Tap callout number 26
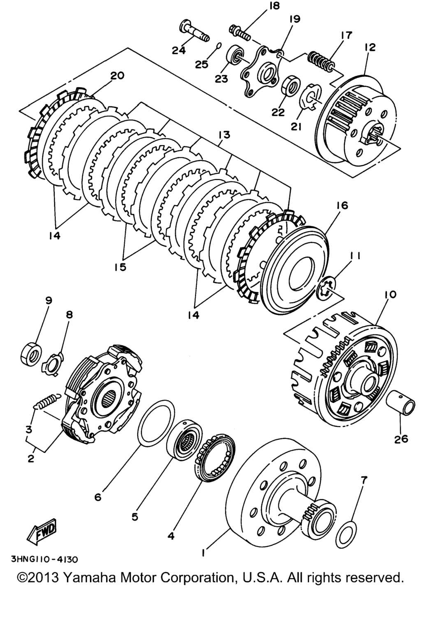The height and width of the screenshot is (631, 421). click(401, 439)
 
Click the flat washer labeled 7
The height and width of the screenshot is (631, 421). click(346, 534)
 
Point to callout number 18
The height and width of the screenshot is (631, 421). click(274, 6)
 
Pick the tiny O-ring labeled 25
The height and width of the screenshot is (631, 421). click(219, 45)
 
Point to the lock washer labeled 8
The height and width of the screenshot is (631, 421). click(52, 362)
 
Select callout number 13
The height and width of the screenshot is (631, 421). click(224, 135)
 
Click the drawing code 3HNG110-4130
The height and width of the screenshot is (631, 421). click(45, 559)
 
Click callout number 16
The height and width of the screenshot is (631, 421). click(342, 205)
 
